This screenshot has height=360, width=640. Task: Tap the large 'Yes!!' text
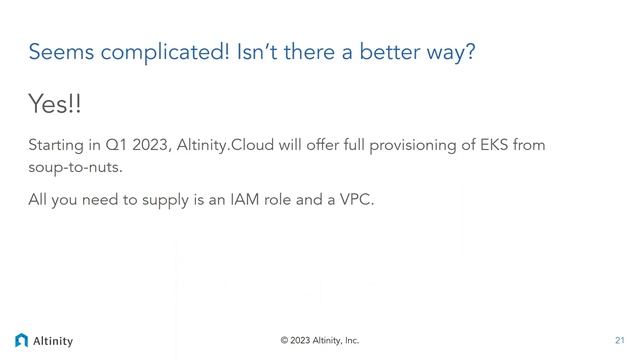54,104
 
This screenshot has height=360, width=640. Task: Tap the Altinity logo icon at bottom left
22,340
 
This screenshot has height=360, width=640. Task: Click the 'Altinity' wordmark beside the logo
53,341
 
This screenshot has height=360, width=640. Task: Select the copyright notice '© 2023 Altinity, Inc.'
320,341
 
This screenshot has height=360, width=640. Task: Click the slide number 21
619,341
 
